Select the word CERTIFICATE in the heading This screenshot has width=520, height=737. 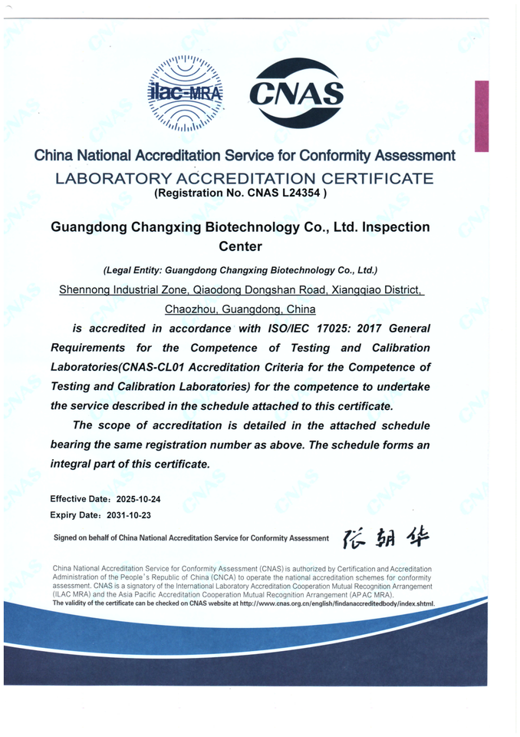click(364, 179)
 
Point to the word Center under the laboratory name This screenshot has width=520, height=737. click(241, 246)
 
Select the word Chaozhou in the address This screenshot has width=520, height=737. click(190, 309)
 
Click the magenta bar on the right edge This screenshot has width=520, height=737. click(481, 116)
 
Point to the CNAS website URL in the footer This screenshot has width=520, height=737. click(337, 603)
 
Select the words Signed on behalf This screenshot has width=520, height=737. click(87, 538)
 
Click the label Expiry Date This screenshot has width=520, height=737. click(76, 514)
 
